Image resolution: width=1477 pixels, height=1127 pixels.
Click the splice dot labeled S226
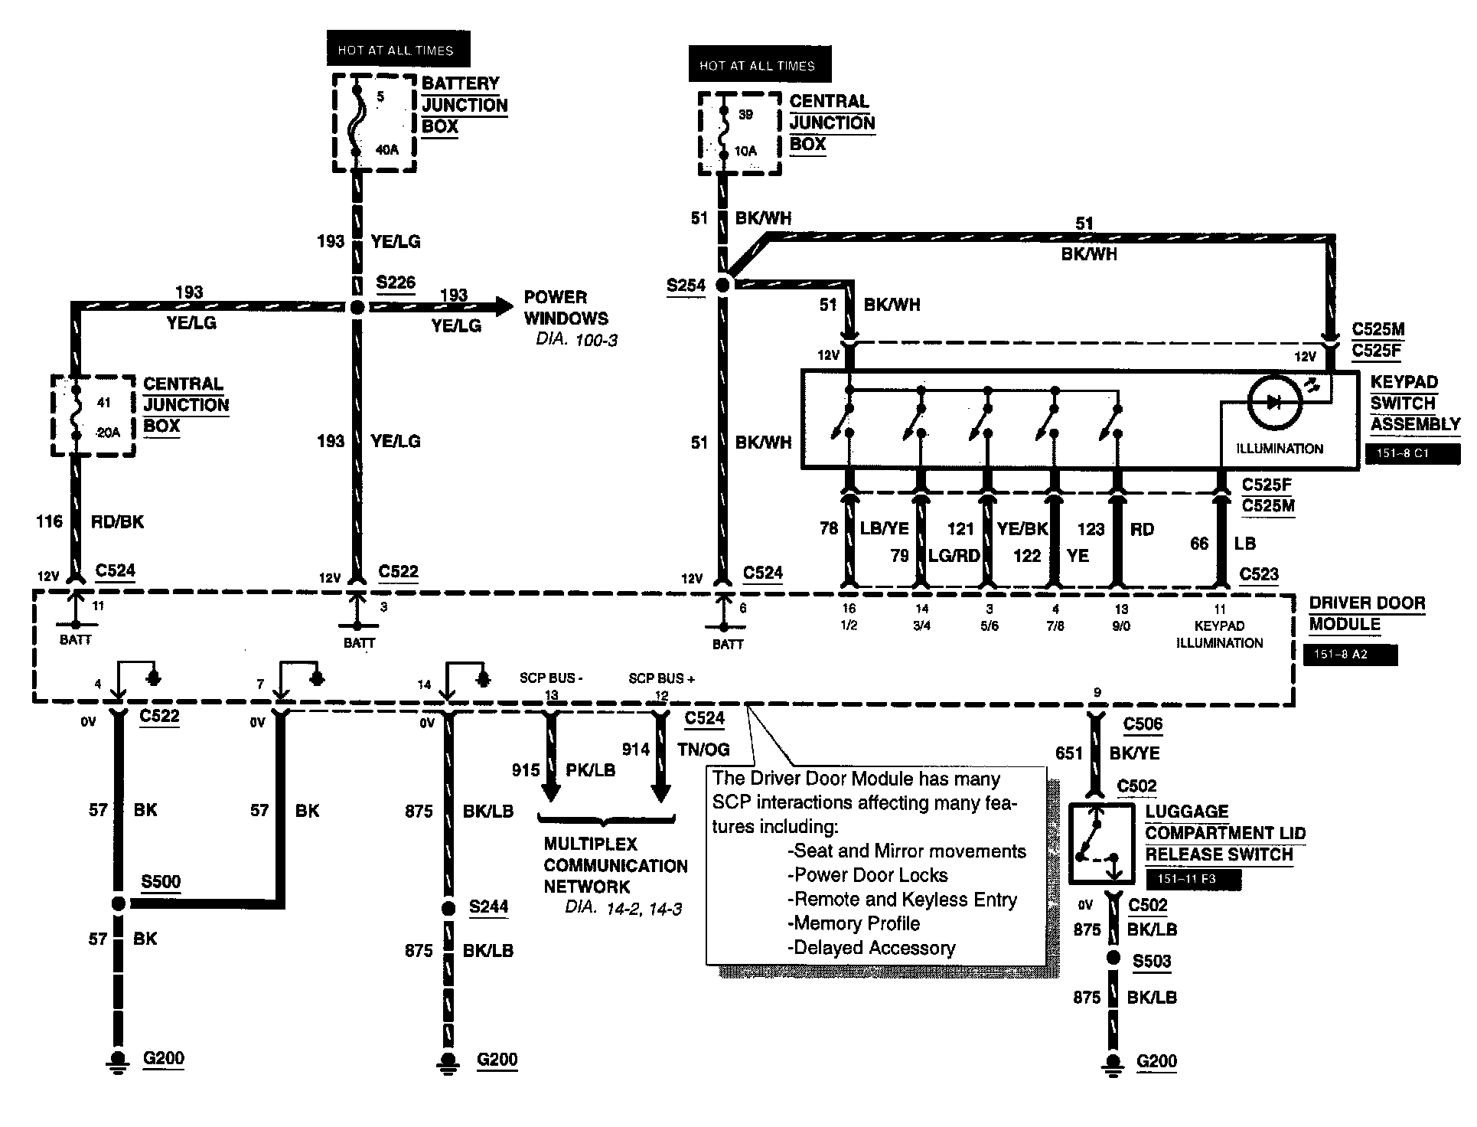357,307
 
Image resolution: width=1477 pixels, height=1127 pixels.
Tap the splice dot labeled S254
722,285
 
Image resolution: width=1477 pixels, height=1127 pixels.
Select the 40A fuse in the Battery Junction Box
357,122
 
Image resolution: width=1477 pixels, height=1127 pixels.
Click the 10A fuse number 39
722,133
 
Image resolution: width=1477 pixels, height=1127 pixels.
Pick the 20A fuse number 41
76,416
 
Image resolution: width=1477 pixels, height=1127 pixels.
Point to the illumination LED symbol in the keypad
1274,403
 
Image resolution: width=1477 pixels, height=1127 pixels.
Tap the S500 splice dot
118,903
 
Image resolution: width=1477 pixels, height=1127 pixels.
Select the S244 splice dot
449,909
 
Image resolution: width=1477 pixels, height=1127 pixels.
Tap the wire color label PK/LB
590,770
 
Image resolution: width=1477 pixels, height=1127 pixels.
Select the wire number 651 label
1069,753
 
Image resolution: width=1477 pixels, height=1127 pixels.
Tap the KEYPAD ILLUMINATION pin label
1219,634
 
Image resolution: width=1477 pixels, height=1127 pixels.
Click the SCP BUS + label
661,678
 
